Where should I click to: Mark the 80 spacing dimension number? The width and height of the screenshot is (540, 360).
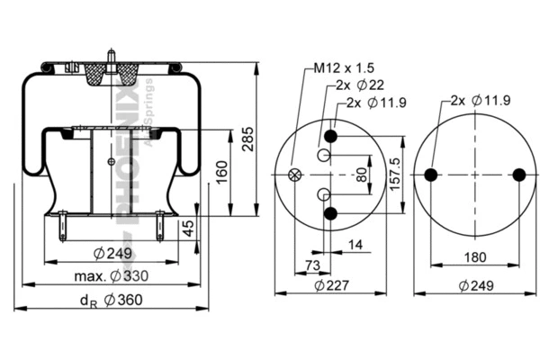(x=361, y=175)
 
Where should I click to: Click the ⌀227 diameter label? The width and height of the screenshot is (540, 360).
(x=330, y=287)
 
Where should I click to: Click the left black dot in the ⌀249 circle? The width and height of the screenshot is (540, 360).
(x=430, y=175)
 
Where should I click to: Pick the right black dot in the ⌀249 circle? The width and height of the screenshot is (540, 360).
(x=518, y=175)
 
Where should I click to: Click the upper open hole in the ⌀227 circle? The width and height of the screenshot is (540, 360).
(x=323, y=156)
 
